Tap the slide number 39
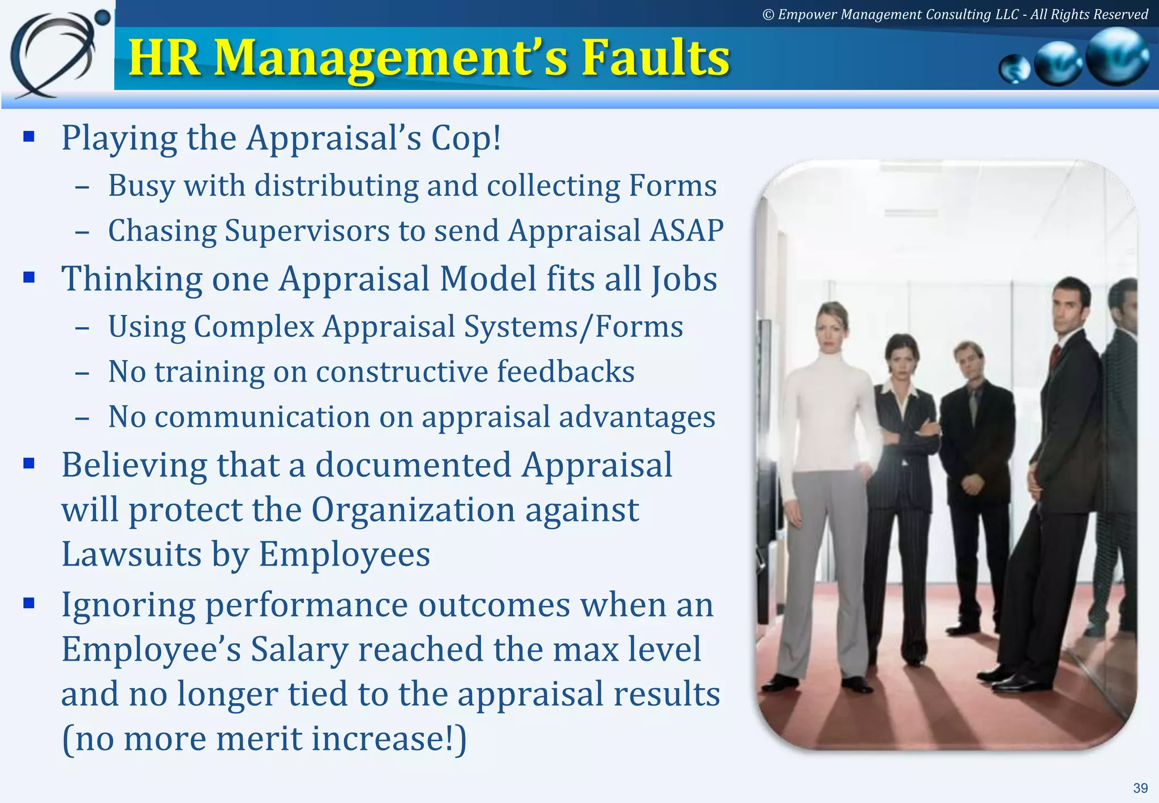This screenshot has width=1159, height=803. pos(1140,788)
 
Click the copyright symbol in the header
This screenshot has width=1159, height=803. pos(768,15)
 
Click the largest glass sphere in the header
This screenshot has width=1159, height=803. pos(1117,57)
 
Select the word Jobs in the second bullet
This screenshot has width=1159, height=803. pos(684,279)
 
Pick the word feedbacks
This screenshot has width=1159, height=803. pos(566,372)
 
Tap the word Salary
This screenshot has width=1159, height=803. pos(299,650)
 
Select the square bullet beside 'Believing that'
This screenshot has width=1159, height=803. pos(29,464)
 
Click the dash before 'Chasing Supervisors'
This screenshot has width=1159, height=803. pos(82,232)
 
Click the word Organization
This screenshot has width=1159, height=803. pos(413,510)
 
